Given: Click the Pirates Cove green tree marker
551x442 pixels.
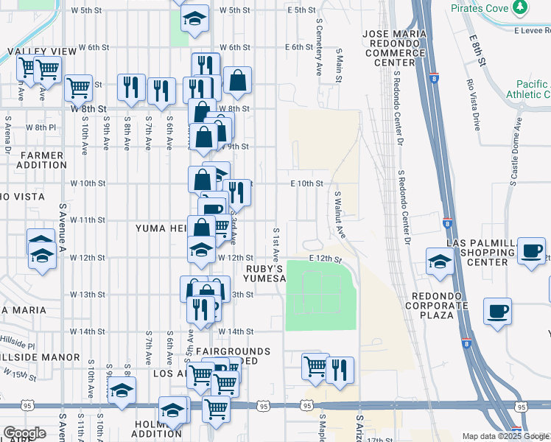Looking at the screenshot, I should coord(521,7).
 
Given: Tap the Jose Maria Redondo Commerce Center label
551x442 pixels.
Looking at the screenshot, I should coord(394,48).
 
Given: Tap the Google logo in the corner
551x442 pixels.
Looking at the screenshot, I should coord(24,433).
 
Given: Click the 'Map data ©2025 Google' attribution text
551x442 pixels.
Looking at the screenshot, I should coord(505,436).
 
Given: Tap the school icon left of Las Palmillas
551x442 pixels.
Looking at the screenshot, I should coord(440,261).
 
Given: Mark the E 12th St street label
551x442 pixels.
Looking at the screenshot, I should coord(327,259).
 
